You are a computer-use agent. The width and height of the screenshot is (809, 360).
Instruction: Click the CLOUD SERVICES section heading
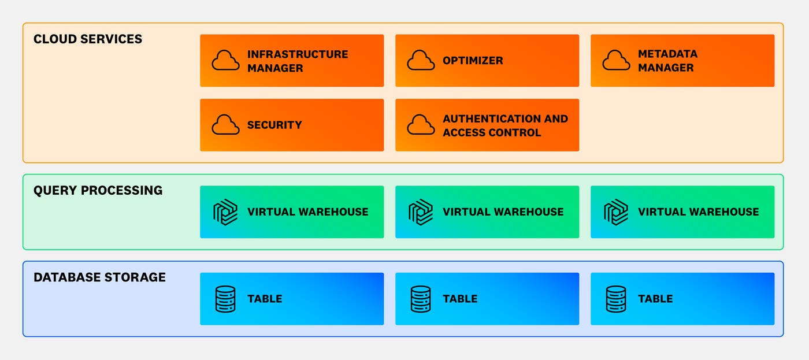88,39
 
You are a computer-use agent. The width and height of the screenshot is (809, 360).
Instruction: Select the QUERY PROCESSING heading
98,191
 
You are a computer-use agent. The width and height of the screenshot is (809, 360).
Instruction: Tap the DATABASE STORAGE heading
99,277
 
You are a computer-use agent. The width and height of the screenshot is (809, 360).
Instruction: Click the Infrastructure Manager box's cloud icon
225,61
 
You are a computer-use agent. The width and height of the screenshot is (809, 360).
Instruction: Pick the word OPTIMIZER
473,61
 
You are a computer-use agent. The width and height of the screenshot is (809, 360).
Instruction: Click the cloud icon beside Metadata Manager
616,61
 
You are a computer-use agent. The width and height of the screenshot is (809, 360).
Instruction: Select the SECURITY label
274,125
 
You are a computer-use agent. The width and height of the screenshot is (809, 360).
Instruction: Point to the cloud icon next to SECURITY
225,125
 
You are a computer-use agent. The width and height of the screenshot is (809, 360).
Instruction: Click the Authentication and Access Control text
505,125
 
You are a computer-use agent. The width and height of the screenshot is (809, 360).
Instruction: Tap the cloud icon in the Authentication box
421,125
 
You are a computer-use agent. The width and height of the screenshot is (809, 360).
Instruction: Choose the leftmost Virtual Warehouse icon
225,212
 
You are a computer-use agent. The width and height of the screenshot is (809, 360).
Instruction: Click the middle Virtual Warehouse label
503,212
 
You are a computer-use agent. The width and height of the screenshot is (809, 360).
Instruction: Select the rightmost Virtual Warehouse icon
616,212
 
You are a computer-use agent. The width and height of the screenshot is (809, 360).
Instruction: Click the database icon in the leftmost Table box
225,299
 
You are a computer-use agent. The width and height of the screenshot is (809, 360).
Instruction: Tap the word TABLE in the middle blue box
460,299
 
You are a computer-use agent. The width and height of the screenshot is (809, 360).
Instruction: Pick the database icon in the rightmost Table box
616,299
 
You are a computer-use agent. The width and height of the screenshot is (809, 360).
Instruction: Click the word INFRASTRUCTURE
298,54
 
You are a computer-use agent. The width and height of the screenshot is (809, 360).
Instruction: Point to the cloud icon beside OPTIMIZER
421,61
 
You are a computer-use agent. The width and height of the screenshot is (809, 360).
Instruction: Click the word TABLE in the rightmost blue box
655,299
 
